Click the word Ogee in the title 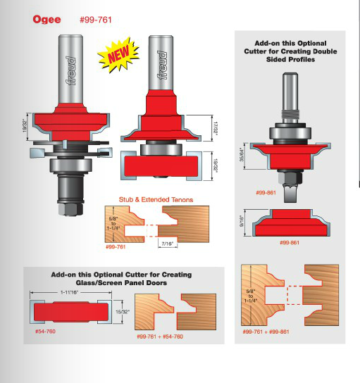(46, 20)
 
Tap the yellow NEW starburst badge (118, 55)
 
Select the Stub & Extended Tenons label (156, 200)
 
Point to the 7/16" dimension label (168, 244)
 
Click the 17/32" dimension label (216, 127)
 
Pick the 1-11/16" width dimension (70, 292)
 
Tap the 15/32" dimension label (123, 312)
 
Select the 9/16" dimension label (242, 222)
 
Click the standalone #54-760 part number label (45, 332)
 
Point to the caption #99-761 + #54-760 (160, 337)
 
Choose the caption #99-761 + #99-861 (266, 332)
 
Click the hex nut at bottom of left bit (71, 209)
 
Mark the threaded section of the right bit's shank (290, 114)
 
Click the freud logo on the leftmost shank (71, 71)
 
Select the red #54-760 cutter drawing (71, 312)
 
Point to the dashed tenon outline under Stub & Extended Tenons (151, 230)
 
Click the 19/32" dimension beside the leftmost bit (25, 127)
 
